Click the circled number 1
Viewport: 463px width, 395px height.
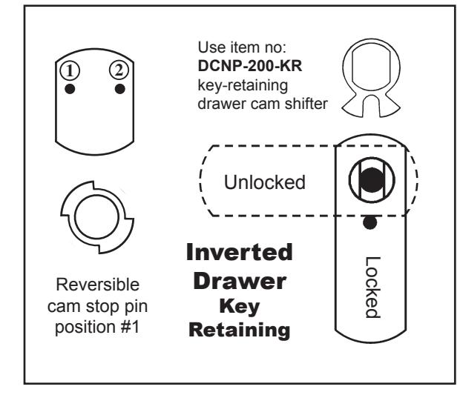70,71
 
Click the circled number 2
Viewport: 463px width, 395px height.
119,70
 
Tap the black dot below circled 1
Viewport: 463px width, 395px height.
70,89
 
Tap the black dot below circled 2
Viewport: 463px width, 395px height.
120,89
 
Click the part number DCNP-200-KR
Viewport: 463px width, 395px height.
250,66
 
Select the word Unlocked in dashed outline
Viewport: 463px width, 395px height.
265,182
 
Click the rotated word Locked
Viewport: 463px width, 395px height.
372,288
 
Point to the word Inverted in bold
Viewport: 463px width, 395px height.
240,252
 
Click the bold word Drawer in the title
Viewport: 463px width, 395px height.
240,281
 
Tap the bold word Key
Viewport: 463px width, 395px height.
240,307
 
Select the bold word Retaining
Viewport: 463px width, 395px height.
240,330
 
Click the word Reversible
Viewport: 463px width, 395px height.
98,285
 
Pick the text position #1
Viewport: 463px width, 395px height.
97,327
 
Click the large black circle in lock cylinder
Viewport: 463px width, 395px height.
372,180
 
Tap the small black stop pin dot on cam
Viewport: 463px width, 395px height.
370,222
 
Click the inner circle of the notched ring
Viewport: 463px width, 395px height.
97,216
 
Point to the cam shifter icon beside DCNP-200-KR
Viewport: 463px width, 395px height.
371,78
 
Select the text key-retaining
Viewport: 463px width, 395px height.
243,85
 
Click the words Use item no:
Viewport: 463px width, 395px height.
242,47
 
